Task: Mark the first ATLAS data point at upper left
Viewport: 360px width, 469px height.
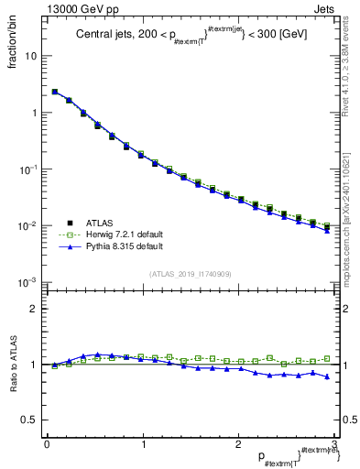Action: (x=54, y=92)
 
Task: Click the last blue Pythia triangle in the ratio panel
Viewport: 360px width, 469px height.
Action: (x=327, y=376)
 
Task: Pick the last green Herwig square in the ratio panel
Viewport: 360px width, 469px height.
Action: (x=327, y=359)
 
